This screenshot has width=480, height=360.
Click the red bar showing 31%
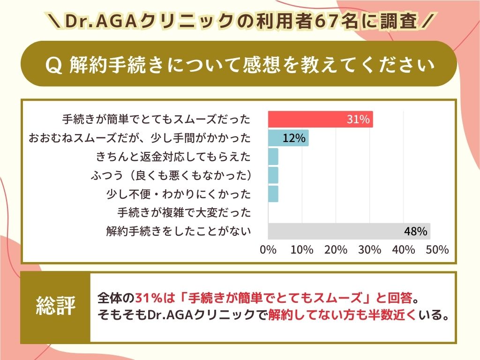pyautogui.click(x=320, y=119)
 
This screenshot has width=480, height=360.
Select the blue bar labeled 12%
pyautogui.click(x=288, y=138)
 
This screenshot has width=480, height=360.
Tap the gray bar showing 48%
pyautogui.click(x=349, y=231)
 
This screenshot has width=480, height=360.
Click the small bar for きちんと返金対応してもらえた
pyautogui.click(x=273, y=156)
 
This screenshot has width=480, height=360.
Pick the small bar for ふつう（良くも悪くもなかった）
pyautogui.click(x=273, y=175)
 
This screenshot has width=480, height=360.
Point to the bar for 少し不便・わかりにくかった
pyautogui.click(x=273, y=194)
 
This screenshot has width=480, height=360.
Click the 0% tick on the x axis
pyautogui.click(x=268, y=250)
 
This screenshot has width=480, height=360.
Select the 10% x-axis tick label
pyautogui.click(x=302, y=250)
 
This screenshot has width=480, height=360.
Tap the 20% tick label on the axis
pyautogui.click(x=336, y=250)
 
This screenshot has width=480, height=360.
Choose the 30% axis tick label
pyautogui.click(x=370, y=250)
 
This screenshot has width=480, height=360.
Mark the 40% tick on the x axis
pyautogui.click(x=404, y=250)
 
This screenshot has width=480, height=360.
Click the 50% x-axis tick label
pyautogui.click(x=437, y=250)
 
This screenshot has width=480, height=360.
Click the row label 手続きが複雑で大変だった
pyautogui.click(x=184, y=212)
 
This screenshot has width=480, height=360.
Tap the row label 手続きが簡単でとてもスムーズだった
pyautogui.click(x=157, y=119)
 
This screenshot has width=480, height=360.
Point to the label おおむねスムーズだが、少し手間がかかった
pyautogui.click(x=140, y=138)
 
